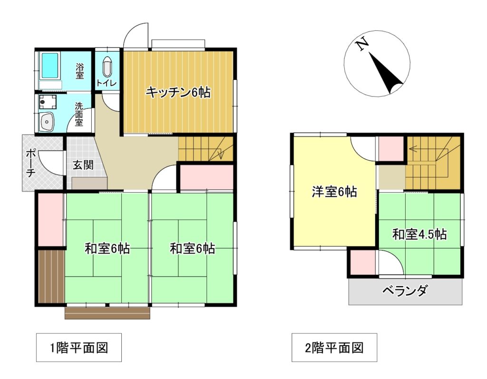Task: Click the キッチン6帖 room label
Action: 178,92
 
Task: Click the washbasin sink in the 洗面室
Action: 48,123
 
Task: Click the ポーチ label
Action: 30,163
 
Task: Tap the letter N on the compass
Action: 362,45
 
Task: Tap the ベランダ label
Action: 405,290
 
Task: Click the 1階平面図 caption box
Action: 79,348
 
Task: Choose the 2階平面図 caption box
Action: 334,348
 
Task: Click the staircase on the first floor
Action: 206,148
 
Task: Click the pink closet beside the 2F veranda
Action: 362,262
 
